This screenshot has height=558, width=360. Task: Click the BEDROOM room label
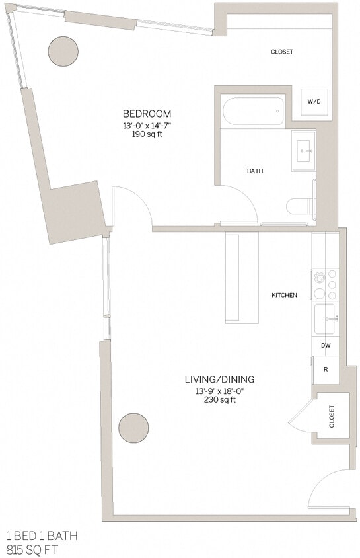(x=147, y=113)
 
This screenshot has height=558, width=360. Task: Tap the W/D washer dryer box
(x=314, y=102)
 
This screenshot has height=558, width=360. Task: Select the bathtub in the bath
(x=254, y=111)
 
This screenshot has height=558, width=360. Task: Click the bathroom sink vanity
(x=305, y=150)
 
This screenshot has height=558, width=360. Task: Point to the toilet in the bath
(x=301, y=206)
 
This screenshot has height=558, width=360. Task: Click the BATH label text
(x=255, y=171)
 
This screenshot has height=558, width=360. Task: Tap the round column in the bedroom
(x=63, y=50)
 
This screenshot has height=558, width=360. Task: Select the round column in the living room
(x=133, y=428)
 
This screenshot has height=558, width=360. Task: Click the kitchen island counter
(x=242, y=278)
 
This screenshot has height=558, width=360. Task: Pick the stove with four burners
(x=325, y=284)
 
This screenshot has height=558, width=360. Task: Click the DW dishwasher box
(x=325, y=346)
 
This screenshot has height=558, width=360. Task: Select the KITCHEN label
(x=284, y=295)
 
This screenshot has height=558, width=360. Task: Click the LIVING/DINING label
(x=219, y=379)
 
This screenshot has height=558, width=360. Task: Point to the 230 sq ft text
(x=219, y=400)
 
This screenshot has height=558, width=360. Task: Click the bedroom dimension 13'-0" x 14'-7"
(x=147, y=125)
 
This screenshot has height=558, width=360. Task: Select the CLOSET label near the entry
(x=332, y=416)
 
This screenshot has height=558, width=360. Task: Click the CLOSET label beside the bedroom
(x=281, y=52)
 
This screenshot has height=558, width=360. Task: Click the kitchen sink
(x=325, y=319)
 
